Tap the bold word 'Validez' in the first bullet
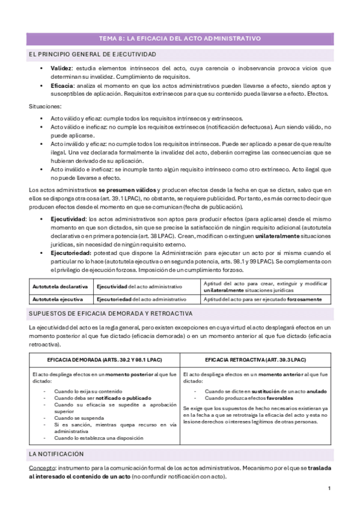61,69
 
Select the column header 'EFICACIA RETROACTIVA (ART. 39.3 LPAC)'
255,359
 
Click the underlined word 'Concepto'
40,467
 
